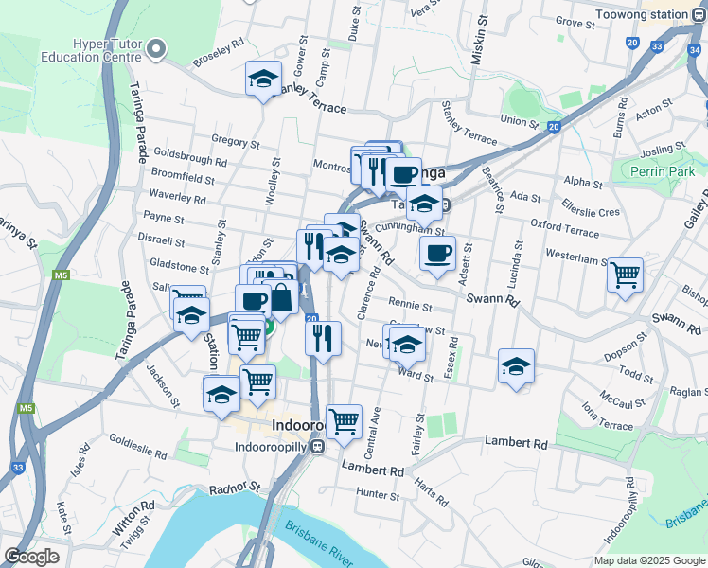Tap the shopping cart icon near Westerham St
(625, 275)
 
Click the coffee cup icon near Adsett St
(437, 254)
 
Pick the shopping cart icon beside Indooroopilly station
(344, 420)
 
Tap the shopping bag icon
(282, 299)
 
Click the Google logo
(31, 557)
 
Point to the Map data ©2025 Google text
(648, 560)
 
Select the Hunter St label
(379, 494)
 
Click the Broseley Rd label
(219, 56)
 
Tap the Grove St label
(574, 21)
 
